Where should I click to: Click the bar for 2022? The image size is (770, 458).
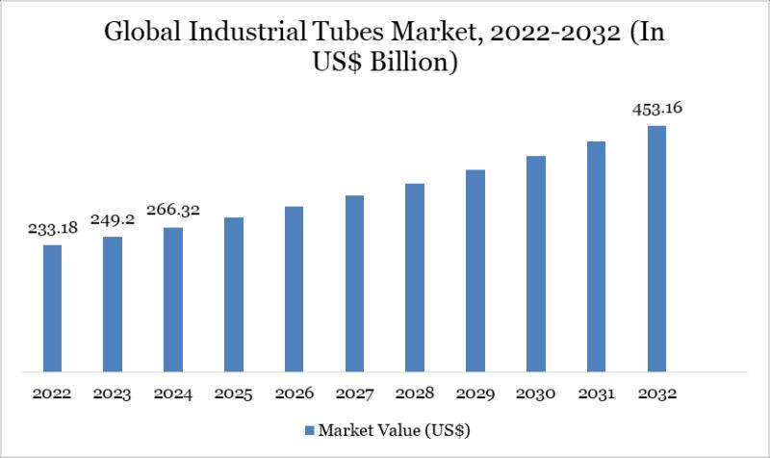[x=53, y=308]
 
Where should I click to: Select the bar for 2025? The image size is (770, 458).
[x=234, y=293]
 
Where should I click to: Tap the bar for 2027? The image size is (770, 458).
[x=355, y=283]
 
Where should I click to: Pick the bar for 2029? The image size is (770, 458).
[x=475, y=270]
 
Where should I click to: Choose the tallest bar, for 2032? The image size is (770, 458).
[x=656, y=248]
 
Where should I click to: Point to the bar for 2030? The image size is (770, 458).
[x=536, y=263]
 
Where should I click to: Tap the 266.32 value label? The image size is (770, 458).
[x=173, y=210]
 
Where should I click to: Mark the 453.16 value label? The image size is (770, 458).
[x=657, y=107]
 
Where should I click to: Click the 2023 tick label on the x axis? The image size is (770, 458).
[x=113, y=394]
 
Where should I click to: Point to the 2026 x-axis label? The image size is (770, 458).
[x=295, y=394]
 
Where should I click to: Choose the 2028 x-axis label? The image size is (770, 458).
[x=415, y=394]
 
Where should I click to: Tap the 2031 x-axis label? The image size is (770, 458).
[x=597, y=394]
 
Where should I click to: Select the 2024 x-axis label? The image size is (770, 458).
[x=173, y=394]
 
